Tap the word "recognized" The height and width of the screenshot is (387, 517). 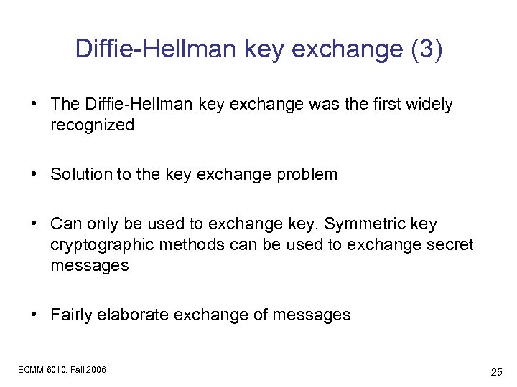(x=93, y=125)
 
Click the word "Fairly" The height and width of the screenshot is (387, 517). (x=72, y=314)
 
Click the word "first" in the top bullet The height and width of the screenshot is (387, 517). (x=385, y=105)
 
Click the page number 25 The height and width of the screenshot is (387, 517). (x=495, y=372)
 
